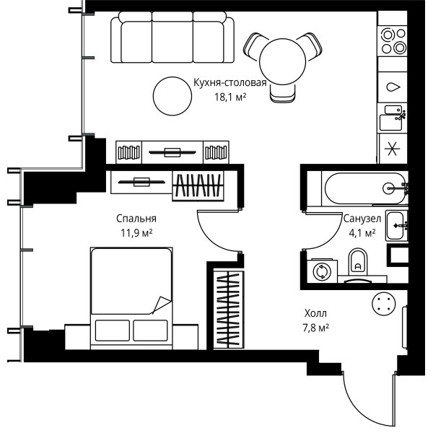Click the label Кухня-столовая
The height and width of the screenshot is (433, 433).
(x=229, y=83)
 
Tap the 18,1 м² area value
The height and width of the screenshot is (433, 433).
(x=230, y=97)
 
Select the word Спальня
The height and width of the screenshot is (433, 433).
(x=136, y=219)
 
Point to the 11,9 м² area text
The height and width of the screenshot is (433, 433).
(x=136, y=233)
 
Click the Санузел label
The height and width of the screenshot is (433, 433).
(x=362, y=219)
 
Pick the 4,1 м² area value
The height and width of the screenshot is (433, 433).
(x=362, y=233)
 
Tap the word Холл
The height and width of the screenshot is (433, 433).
(x=315, y=313)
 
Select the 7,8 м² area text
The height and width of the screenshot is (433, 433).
(x=315, y=328)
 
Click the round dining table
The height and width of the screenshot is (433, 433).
(x=283, y=61)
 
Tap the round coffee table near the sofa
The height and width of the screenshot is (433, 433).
(x=172, y=96)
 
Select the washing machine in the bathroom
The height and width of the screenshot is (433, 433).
(x=322, y=271)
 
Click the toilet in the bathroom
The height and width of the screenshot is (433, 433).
(x=358, y=262)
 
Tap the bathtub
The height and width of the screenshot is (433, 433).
(x=365, y=188)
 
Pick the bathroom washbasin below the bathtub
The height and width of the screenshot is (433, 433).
(x=396, y=226)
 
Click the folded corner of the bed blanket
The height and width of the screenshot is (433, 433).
(x=161, y=305)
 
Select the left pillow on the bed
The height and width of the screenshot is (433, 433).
(x=113, y=331)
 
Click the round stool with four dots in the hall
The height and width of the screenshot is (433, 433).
(x=384, y=304)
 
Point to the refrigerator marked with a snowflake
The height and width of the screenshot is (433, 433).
(x=393, y=149)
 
